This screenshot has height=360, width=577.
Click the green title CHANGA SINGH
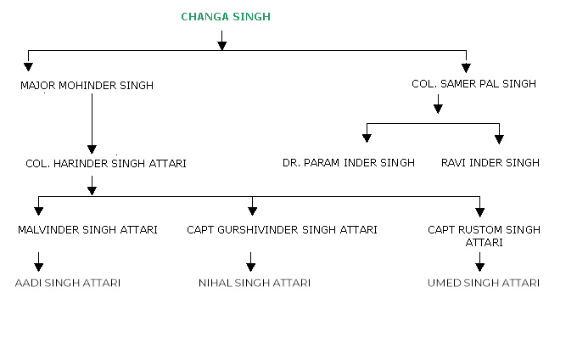click(x=226, y=16)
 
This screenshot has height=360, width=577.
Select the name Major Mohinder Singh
click(x=87, y=85)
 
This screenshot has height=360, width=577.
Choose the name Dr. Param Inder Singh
click(x=349, y=162)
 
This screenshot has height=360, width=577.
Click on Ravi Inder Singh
click(x=490, y=162)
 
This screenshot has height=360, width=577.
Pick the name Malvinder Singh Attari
click(x=87, y=230)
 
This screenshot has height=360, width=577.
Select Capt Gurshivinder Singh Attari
click(x=283, y=230)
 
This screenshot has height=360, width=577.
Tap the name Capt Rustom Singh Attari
click(x=484, y=235)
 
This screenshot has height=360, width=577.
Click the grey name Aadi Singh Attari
click(x=68, y=282)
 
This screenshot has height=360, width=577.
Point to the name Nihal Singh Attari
click(x=254, y=282)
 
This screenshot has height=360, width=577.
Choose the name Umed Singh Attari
click(x=484, y=282)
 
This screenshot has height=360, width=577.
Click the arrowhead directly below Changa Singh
click(x=221, y=44)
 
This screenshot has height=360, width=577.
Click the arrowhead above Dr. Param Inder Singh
click(x=367, y=137)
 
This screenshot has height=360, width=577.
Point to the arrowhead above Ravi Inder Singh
click(x=499, y=137)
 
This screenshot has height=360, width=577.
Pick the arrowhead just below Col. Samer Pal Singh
click(x=438, y=108)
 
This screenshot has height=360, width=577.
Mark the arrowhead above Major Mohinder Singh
click(x=28, y=65)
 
